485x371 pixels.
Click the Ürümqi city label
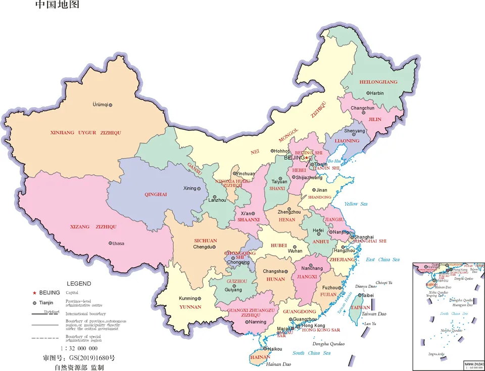pos(100,105)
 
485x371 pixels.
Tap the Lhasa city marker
pos(111,243)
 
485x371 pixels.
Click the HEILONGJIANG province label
pos(378,81)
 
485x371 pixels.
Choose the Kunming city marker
pos(199,298)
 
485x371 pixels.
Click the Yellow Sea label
pos(356,204)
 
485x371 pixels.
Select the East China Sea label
pos(382,259)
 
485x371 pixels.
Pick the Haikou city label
pos(274,349)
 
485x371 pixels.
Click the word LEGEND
pos(79,284)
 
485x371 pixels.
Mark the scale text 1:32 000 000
pos(79,348)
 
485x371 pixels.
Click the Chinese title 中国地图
pos(57,6)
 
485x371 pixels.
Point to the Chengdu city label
pos(202,247)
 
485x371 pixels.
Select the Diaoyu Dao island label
pos(366,286)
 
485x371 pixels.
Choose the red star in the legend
pos(34,293)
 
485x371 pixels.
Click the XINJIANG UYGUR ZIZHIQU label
pos(86,133)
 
